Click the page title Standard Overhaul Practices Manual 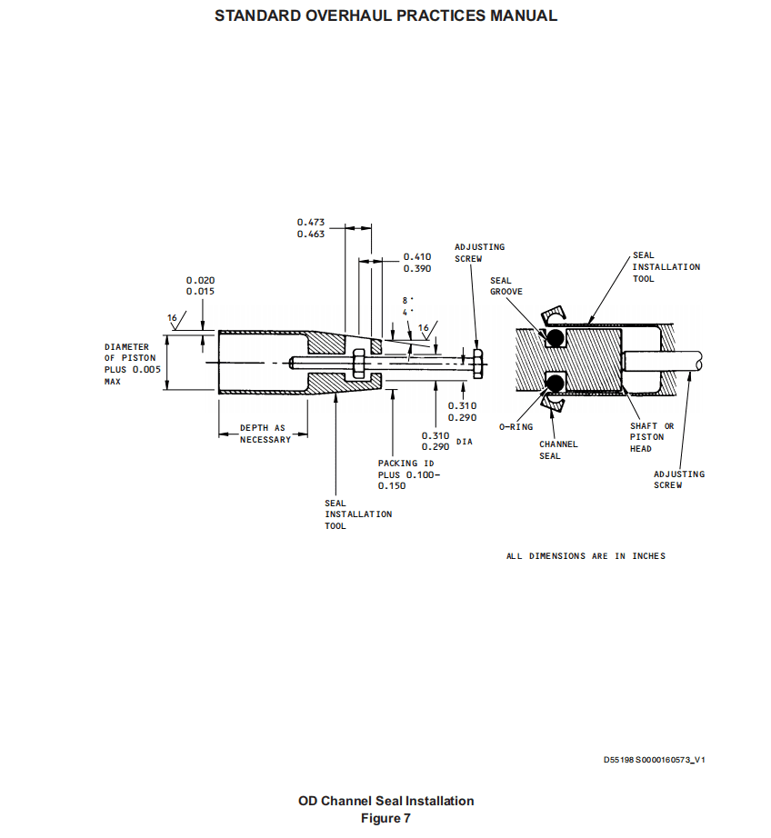click(x=385, y=15)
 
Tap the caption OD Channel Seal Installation click(x=385, y=801)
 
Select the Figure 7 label click(x=385, y=818)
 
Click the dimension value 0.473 click(x=311, y=222)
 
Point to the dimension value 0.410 click(x=417, y=257)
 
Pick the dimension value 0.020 click(x=201, y=280)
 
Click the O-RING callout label click(x=516, y=427)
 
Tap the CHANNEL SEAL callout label click(x=558, y=450)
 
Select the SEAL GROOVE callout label click(x=506, y=286)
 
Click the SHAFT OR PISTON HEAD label click(x=652, y=437)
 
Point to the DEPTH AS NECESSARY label click(x=265, y=434)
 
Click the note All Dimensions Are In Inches click(x=586, y=556)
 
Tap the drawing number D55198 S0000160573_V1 click(x=655, y=760)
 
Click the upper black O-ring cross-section click(x=555, y=337)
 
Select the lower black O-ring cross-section click(x=555, y=383)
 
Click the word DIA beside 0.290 click(x=464, y=442)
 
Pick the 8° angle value click(x=408, y=300)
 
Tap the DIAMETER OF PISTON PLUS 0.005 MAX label click(x=132, y=364)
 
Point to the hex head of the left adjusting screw click(x=478, y=364)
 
